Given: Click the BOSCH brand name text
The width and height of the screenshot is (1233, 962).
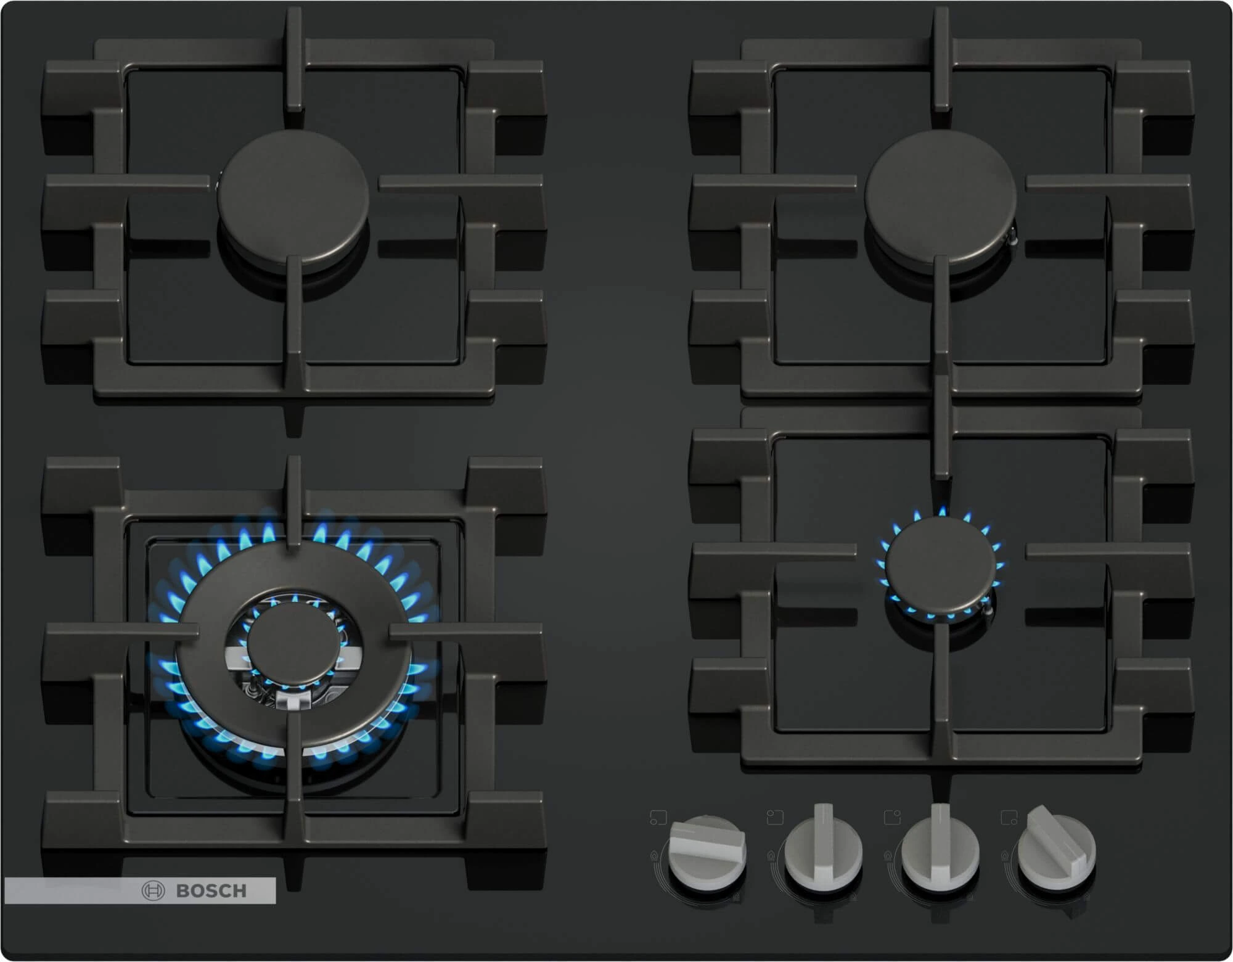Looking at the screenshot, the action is coord(211,890).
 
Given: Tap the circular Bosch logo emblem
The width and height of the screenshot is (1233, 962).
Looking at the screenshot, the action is coord(153,890).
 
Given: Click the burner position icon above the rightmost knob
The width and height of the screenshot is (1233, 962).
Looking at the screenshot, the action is coord(1009,818).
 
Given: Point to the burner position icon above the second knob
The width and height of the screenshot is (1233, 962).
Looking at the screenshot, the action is coord(774,818).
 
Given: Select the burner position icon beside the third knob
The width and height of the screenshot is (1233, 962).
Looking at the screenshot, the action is coord(891,818).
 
